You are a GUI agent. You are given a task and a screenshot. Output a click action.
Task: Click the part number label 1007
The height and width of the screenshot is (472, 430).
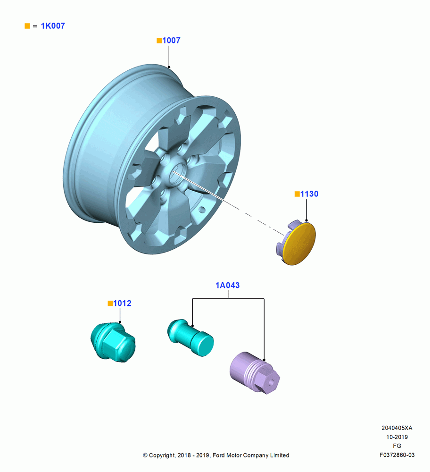[x=172, y=40]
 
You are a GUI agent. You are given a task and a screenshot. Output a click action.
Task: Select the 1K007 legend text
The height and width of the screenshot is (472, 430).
[x=53, y=26]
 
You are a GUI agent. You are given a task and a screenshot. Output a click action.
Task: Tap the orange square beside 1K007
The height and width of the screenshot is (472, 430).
[x=27, y=26]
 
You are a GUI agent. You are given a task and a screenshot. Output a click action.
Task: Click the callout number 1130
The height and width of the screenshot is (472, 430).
[x=309, y=194]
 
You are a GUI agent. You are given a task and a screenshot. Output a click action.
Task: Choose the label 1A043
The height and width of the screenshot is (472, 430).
[x=228, y=286]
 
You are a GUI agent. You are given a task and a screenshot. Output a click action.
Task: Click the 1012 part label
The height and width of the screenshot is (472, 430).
[x=123, y=303]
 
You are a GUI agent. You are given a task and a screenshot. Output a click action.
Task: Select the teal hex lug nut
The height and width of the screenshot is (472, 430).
[x=113, y=342]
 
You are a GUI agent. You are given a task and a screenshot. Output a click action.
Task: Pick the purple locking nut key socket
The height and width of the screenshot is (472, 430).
[x=255, y=373]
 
